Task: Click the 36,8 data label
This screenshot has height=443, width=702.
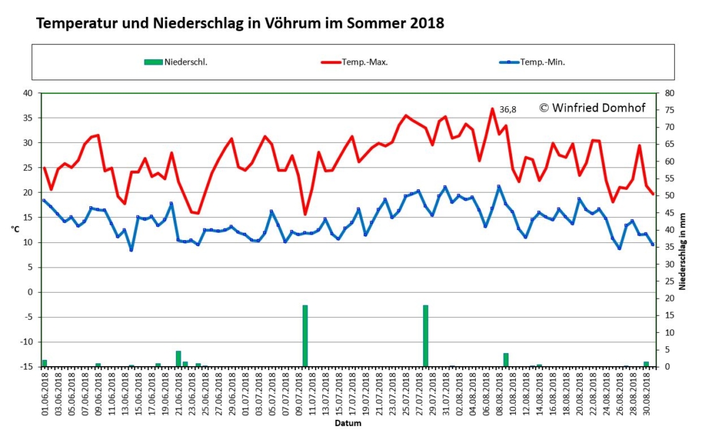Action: pyautogui.click(x=508, y=110)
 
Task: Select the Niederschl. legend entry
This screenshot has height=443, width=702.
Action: pyautogui.click(x=176, y=62)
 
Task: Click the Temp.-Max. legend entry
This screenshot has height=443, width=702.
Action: pyautogui.click(x=354, y=62)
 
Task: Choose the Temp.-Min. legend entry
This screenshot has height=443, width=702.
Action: pyautogui.click(x=532, y=62)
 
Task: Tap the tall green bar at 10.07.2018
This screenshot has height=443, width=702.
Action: pyautogui.click(x=305, y=335)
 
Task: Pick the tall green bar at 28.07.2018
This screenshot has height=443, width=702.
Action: pyautogui.click(x=426, y=335)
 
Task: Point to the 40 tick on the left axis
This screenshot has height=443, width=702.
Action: pyautogui.click(x=28, y=93)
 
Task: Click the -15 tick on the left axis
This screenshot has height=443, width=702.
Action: pyautogui.click(x=27, y=367)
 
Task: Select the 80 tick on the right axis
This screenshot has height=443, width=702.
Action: pyautogui.click(x=669, y=93)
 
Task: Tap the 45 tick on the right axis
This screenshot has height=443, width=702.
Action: pyautogui.click(x=669, y=213)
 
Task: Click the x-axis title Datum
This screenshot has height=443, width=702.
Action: pyautogui.click(x=348, y=423)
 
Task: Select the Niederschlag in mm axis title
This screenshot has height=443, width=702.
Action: pyautogui.click(x=682, y=251)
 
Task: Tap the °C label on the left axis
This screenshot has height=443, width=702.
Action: pyautogui.click(x=15, y=229)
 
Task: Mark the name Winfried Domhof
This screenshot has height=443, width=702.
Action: pyautogui.click(x=598, y=108)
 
